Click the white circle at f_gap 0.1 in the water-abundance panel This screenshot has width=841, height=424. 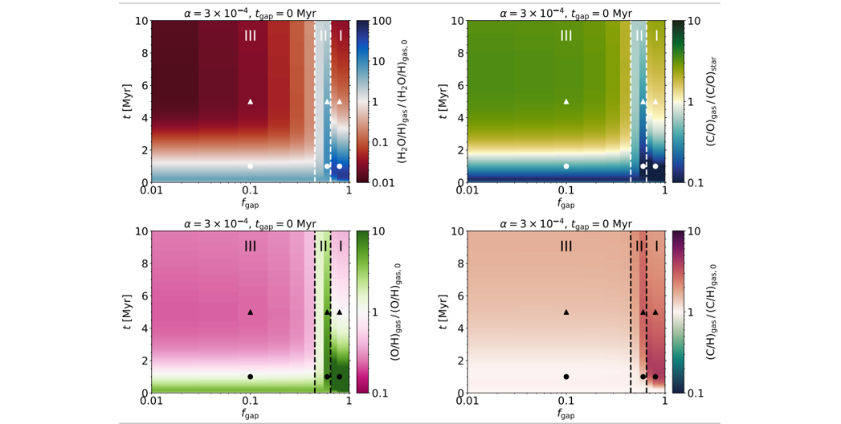[x=251, y=166]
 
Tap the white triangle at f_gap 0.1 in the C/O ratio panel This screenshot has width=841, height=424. [x=566, y=102]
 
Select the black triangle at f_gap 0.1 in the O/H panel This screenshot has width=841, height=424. [x=251, y=312]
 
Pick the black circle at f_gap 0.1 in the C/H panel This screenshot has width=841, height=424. [x=566, y=377]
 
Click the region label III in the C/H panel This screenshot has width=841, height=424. [x=566, y=246]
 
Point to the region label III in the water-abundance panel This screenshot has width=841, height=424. [x=251, y=36]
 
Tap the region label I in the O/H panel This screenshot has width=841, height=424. [x=341, y=246]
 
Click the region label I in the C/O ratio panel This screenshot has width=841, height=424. [x=656, y=36]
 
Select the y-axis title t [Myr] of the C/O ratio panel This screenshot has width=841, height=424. [x=444, y=101]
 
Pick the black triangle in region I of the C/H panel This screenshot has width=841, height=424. [x=655, y=312]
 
